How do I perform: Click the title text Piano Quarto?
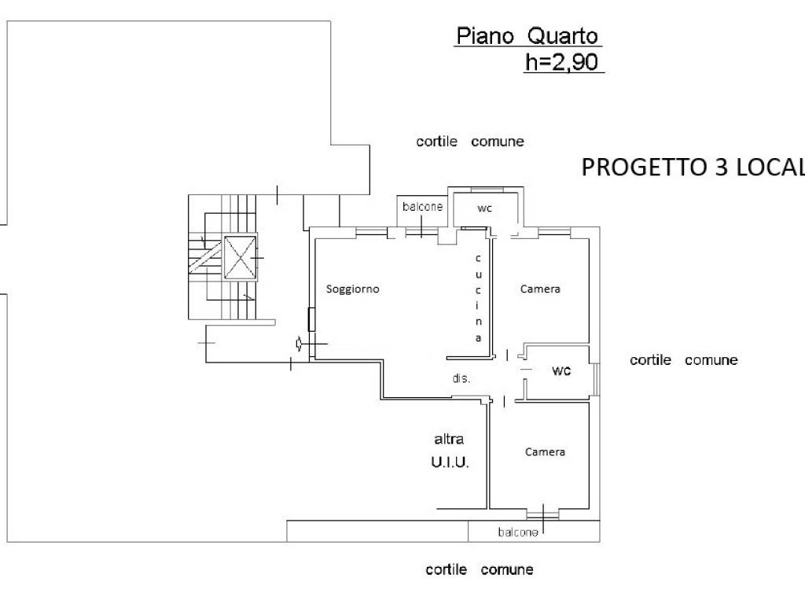pos(527,36)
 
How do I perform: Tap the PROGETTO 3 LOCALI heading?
pos(692,168)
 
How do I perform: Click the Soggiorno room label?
pos(353,289)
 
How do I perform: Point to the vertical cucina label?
pos(478,298)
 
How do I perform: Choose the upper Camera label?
pos(541,289)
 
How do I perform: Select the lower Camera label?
pos(545,451)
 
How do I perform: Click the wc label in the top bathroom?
pos(485,208)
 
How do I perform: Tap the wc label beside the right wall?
pos(561,370)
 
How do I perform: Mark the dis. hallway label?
pos(461,378)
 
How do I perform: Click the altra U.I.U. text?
pos(450,451)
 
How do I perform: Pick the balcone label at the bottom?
pos(518,532)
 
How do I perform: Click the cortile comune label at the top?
pos(470,142)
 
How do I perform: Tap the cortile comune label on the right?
pos(684,359)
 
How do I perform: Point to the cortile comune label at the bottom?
pos(480,569)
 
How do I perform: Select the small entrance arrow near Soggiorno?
pos(299,343)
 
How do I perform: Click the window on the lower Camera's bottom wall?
pos(542,514)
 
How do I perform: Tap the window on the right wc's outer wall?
pos(597,378)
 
